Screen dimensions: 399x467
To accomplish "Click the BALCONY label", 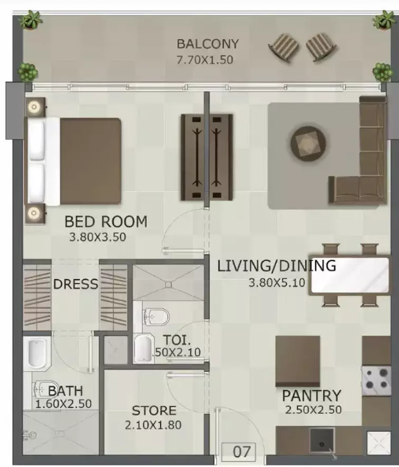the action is click(x=208, y=44).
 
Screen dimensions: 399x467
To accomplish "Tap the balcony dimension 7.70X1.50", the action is click(x=205, y=60).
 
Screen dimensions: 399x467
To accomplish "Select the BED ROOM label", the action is click(x=106, y=221).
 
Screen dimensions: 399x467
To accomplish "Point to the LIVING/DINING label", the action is click(x=277, y=266).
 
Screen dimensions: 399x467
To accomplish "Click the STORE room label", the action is click(x=154, y=410).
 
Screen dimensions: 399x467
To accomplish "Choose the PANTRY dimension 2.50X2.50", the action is click(x=313, y=410).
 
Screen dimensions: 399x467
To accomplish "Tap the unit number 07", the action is click(x=242, y=452).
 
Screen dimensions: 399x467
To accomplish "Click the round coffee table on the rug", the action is click(x=308, y=144).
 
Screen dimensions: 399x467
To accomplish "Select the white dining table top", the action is click(x=350, y=275).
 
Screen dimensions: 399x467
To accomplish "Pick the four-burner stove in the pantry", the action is click(x=376, y=380).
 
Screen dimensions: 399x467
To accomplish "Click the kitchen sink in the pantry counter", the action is click(x=321, y=441).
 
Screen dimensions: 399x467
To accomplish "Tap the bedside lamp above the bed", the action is click(x=34, y=107).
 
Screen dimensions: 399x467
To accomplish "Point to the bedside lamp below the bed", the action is click(x=34, y=213).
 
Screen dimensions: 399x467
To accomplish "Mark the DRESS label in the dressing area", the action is click(x=75, y=284).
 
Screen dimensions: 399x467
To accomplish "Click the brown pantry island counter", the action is click(x=298, y=361).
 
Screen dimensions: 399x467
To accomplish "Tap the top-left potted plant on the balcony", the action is click(x=31, y=20).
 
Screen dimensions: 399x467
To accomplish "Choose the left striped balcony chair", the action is click(x=284, y=48).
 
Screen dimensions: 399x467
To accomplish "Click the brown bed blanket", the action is click(x=90, y=161).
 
